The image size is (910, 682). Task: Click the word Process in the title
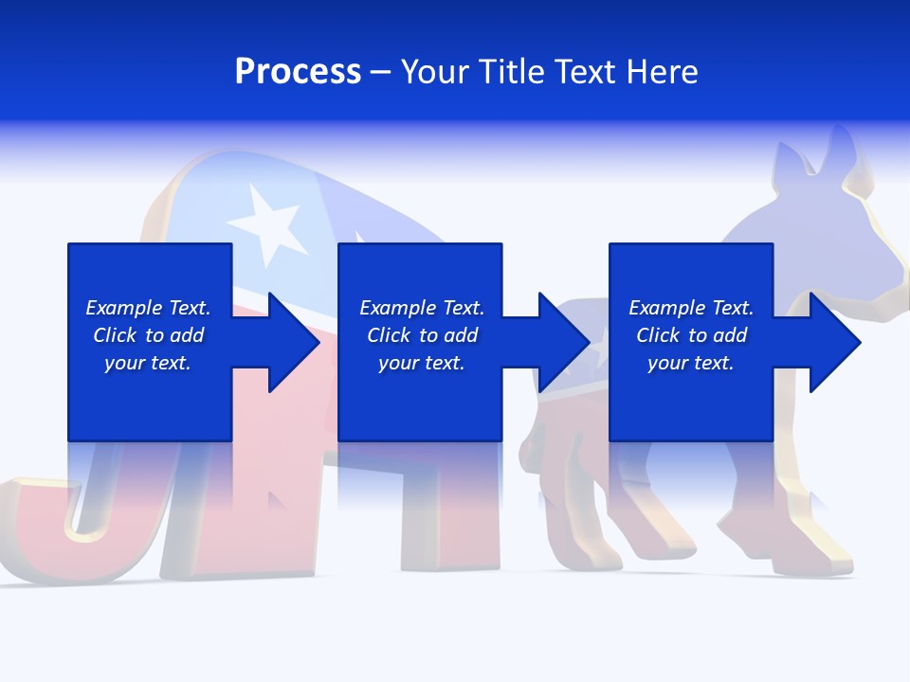pyautogui.click(x=298, y=72)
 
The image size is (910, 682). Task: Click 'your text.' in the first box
pyautogui.click(x=148, y=363)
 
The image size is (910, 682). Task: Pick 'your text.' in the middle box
pyautogui.click(x=422, y=363)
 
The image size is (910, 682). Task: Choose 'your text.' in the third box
pyautogui.click(x=691, y=363)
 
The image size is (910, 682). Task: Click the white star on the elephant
pyautogui.click(x=267, y=222)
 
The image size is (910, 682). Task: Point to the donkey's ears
pyautogui.click(x=815, y=156)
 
